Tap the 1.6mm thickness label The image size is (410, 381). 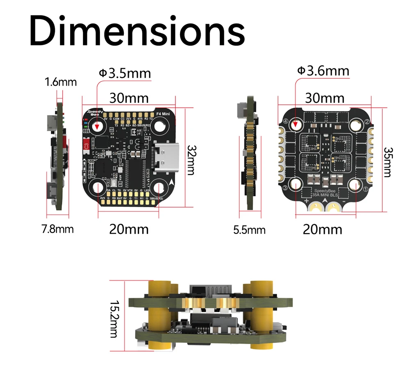point(61,82)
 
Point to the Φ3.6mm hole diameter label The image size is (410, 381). point(323,71)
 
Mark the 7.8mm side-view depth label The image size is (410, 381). point(58,229)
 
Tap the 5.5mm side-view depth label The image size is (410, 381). point(249,230)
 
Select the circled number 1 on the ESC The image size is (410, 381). point(366,189)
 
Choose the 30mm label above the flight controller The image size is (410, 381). point(128,98)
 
